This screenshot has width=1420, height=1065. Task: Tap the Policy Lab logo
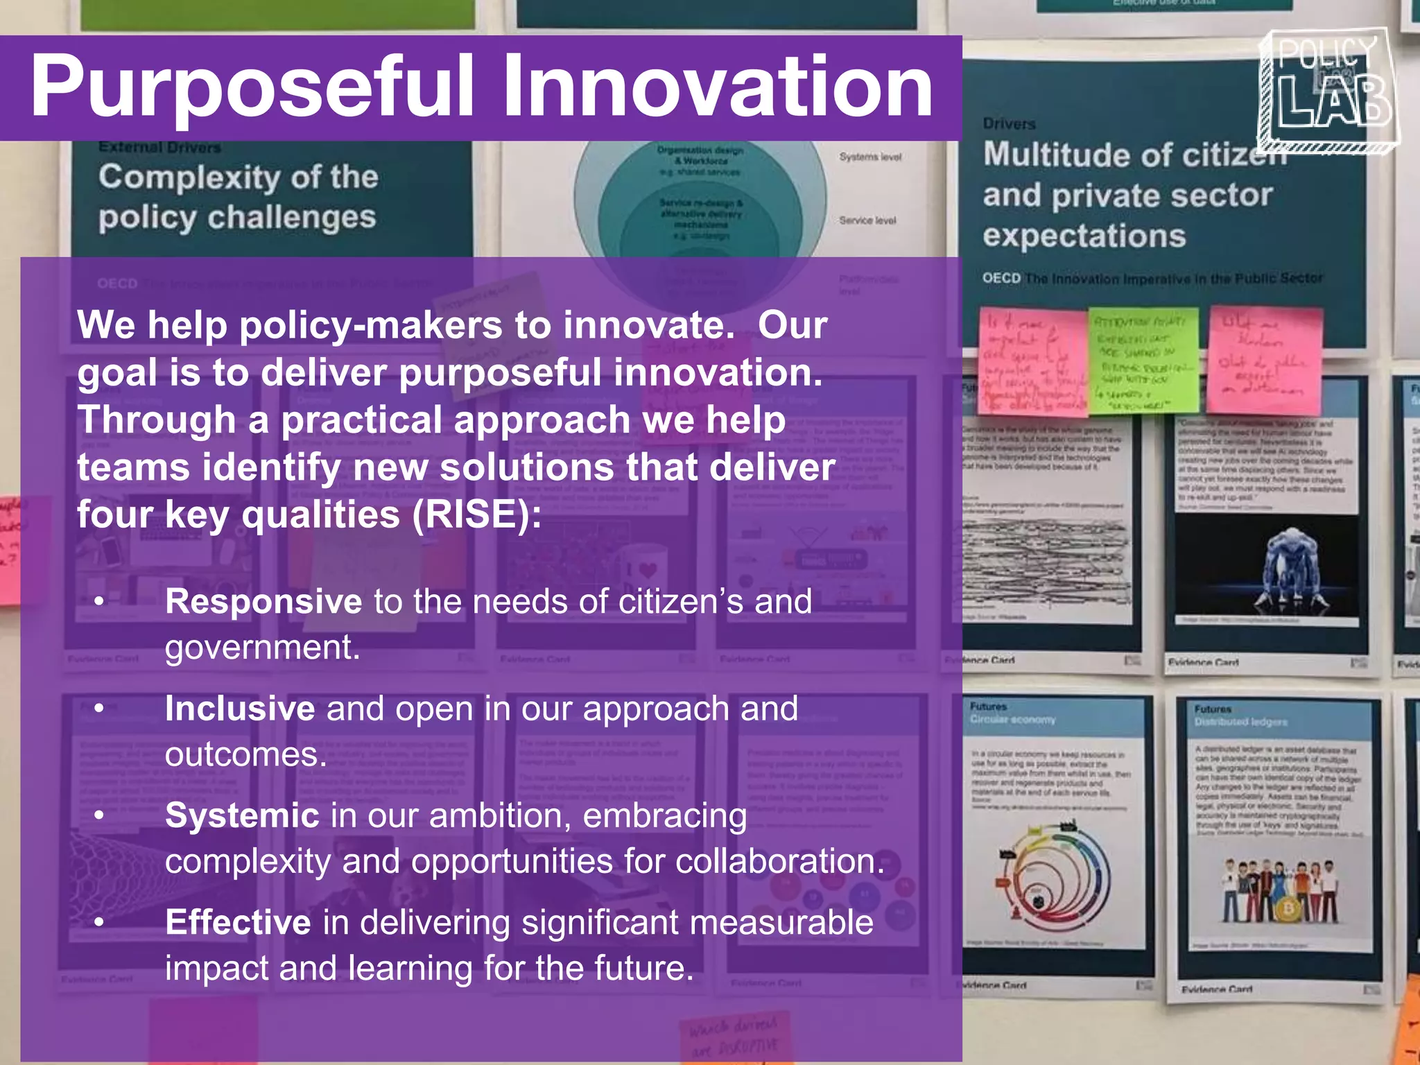(1328, 91)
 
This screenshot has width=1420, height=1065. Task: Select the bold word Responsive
(263, 601)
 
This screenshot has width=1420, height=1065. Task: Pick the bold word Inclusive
(240, 709)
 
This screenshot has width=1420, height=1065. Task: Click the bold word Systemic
(242, 815)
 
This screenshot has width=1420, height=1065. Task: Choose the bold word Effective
(238, 923)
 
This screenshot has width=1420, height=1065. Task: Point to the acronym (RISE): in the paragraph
(476, 515)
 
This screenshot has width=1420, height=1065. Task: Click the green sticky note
(1143, 361)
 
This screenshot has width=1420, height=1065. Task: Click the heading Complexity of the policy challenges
(238, 197)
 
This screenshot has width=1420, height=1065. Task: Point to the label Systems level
(870, 157)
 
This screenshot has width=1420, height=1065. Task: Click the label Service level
(867, 220)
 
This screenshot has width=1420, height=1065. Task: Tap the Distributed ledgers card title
(1240, 722)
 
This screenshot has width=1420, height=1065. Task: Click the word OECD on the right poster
(1001, 278)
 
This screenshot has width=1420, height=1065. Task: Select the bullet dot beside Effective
(100, 923)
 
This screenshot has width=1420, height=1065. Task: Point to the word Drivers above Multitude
(1009, 124)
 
